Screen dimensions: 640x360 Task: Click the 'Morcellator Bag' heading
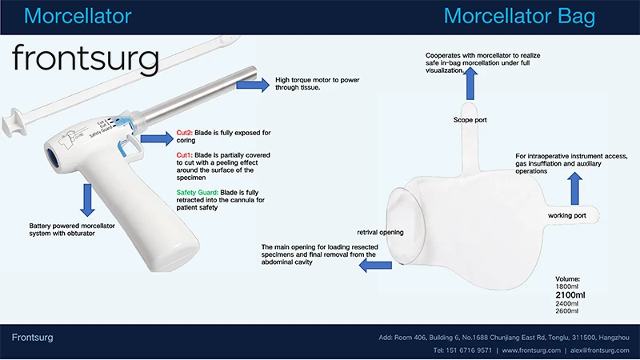[519, 17]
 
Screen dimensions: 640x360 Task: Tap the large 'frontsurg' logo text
[86, 58]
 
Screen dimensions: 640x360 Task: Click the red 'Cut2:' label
[185, 133]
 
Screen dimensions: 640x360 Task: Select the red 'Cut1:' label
[185, 155]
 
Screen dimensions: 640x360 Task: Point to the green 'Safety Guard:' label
[197, 192]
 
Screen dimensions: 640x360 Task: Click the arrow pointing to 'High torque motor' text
[253, 85]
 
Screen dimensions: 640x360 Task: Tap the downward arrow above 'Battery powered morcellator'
[87, 200]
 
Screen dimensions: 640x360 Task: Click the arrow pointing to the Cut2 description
[157, 138]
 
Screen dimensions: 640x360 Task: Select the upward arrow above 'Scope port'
[470, 83]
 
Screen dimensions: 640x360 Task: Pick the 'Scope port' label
[470, 120]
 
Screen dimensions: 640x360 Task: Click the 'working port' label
[567, 215]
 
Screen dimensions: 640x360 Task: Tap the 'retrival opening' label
[380, 232]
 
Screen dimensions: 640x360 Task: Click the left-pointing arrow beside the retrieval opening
[375, 266]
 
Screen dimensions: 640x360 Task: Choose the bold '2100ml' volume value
[570, 295]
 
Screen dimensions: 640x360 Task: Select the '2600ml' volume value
[566, 311]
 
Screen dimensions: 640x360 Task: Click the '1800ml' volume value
[566, 286]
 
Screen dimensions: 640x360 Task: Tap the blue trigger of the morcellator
[127, 146]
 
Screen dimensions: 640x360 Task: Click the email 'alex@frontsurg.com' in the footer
[599, 350]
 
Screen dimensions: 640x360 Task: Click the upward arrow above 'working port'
[574, 189]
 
